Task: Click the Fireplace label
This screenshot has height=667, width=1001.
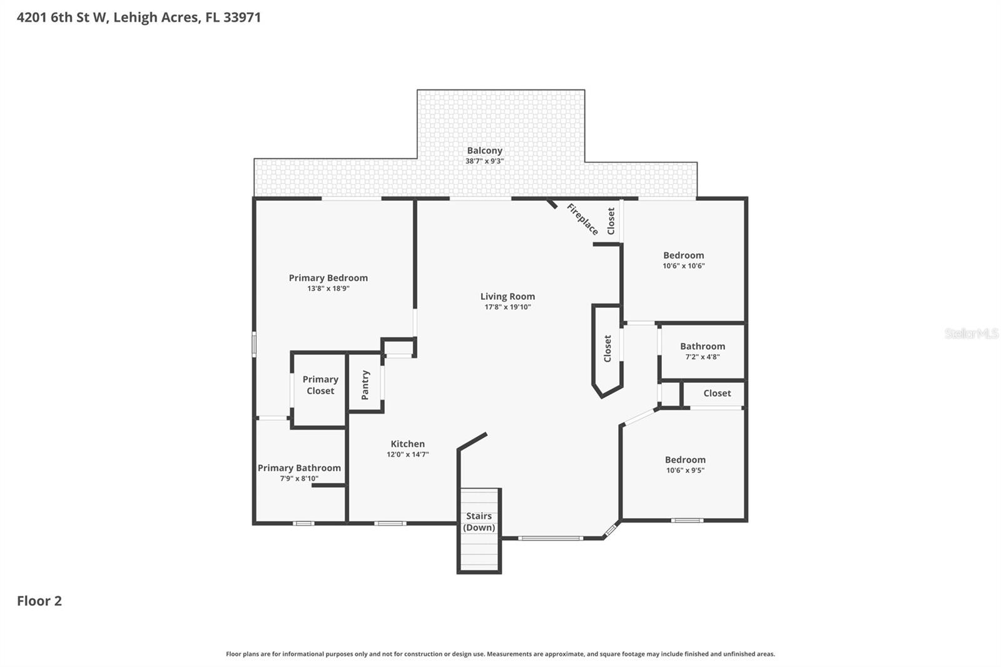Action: pyautogui.click(x=582, y=219)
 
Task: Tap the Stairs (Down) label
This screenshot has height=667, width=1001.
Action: pyautogui.click(x=479, y=522)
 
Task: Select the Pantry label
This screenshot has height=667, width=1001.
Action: pyautogui.click(x=365, y=385)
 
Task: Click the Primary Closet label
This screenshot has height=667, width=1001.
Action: pyautogui.click(x=320, y=385)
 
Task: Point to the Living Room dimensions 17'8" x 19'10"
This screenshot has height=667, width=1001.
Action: pyautogui.click(x=507, y=307)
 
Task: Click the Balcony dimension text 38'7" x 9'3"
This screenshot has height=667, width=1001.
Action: pyautogui.click(x=484, y=161)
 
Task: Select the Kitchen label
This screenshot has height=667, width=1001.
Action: pyautogui.click(x=407, y=444)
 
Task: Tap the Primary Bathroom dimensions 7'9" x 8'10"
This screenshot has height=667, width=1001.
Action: pyautogui.click(x=299, y=479)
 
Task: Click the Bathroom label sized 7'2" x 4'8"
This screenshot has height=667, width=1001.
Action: pyautogui.click(x=703, y=346)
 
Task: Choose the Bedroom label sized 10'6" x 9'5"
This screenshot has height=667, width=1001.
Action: pyautogui.click(x=685, y=459)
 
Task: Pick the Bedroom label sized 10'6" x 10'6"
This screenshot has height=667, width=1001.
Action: pyautogui.click(x=683, y=255)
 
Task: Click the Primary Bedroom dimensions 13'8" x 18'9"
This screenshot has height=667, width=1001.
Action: pyautogui.click(x=328, y=288)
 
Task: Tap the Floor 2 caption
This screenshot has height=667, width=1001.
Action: pyautogui.click(x=39, y=601)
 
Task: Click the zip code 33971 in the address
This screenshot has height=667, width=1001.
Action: pyautogui.click(x=242, y=17)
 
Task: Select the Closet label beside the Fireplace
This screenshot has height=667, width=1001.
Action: pyautogui.click(x=611, y=221)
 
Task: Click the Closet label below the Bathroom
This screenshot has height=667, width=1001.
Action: pyautogui.click(x=717, y=393)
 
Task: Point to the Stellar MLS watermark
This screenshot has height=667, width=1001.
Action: pyautogui.click(x=971, y=333)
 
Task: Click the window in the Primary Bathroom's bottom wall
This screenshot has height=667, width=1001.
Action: pyautogui.click(x=303, y=523)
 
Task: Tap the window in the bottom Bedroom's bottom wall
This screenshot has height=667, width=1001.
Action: pyautogui.click(x=687, y=521)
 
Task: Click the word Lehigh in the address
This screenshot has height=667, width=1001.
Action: pyautogui.click(x=135, y=17)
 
